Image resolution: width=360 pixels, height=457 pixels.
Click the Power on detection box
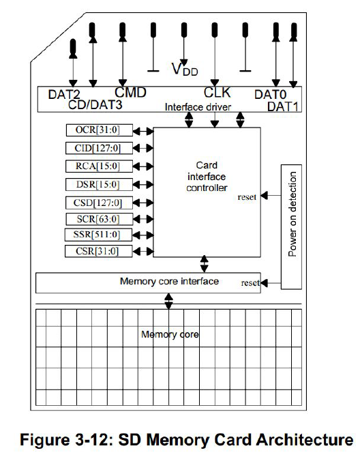click(x=292, y=213)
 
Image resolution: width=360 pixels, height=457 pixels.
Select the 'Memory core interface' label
click(x=169, y=281)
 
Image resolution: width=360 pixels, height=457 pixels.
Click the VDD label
click(x=184, y=68)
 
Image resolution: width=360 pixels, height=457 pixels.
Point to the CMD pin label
click(x=130, y=92)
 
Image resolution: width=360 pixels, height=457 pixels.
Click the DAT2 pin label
click(x=65, y=95)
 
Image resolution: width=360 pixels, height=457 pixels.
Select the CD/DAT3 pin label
click(x=96, y=105)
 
